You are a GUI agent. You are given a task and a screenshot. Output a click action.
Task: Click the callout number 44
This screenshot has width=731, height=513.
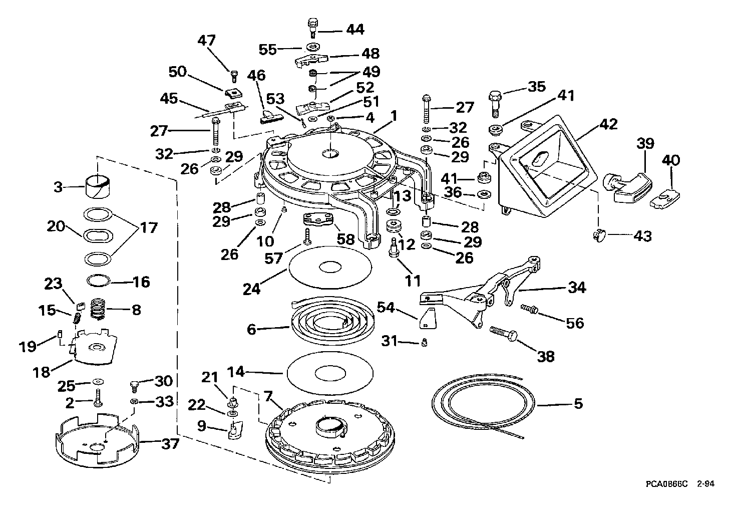pyautogui.click(x=355, y=30)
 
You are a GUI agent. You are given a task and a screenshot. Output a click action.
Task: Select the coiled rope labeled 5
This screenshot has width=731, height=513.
pyautogui.click(x=483, y=406)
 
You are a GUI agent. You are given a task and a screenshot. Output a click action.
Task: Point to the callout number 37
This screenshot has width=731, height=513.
pyautogui.click(x=170, y=444)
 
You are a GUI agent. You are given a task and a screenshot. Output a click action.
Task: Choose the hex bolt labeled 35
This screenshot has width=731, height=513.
pyautogui.click(x=495, y=104)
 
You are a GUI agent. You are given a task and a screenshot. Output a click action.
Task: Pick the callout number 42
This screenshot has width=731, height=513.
pyautogui.click(x=609, y=124)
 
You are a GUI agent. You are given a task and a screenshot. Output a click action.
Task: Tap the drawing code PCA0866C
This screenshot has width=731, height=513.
pyautogui.click(x=667, y=493)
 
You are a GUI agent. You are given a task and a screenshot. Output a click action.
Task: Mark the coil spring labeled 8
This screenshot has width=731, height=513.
pyautogui.click(x=98, y=308)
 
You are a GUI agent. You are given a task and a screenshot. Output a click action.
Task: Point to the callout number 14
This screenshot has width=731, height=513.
pyautogui.click(x=236, y=371)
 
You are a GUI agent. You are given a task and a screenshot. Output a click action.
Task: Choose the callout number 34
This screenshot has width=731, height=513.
pyautogui.click(x=577, y=288)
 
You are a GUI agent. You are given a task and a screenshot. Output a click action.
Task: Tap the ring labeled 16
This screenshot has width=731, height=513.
pyautogui.click(x=98, y=280)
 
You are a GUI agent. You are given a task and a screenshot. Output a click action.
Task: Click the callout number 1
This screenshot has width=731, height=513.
pyautogui.click(x=394, y=116)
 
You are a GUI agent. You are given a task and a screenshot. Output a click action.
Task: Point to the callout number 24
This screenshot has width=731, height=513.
pyautogui.click(x=252, y=289)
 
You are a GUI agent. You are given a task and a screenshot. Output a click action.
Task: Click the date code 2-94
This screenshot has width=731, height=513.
pyautogui.click(x=706, y=493)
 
